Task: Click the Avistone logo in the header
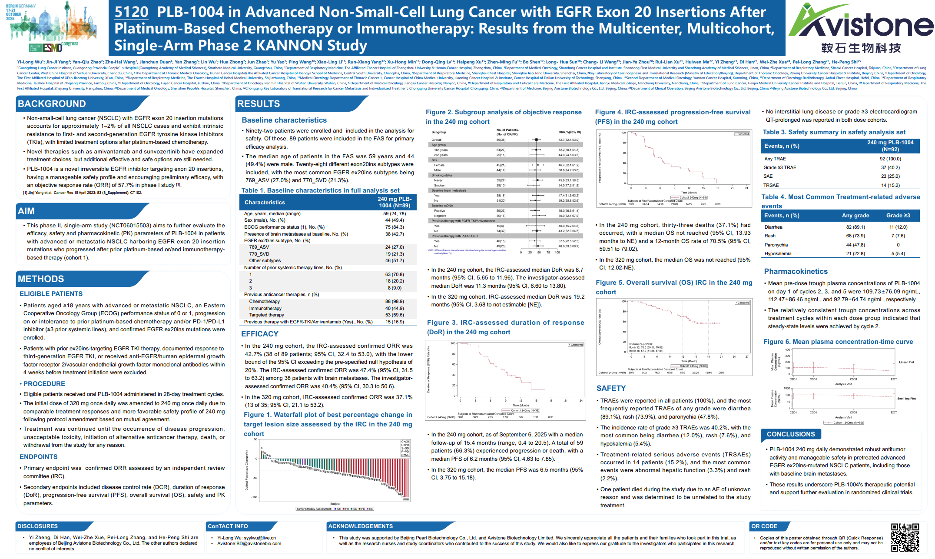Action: [x=860, y=29]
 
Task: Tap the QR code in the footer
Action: [x=905, y=537]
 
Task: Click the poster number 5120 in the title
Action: [x=131, y=12]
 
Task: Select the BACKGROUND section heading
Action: [x=52, y=104]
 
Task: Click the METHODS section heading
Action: [x=41, y=279]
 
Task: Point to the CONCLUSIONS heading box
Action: [x=791, y=434]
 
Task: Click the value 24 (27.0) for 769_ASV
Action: [x=394, y=247]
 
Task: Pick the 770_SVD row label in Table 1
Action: [x=259, y=254]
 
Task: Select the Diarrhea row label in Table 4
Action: [x=773, y=227]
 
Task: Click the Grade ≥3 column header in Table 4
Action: [x=898, y=216]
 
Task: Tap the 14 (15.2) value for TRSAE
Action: [x=890, y=185]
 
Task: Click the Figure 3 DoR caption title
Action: [x=505, y=327]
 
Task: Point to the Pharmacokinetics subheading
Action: [x=796, y=271]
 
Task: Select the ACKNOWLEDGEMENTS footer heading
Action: [x=360, y=526]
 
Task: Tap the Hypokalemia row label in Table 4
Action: [x=778, y=253]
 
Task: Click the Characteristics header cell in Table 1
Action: [x=265, y=203]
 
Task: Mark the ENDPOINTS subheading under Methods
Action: [x=39, y=457]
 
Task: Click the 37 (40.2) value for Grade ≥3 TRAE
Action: [x=890, y=167]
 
